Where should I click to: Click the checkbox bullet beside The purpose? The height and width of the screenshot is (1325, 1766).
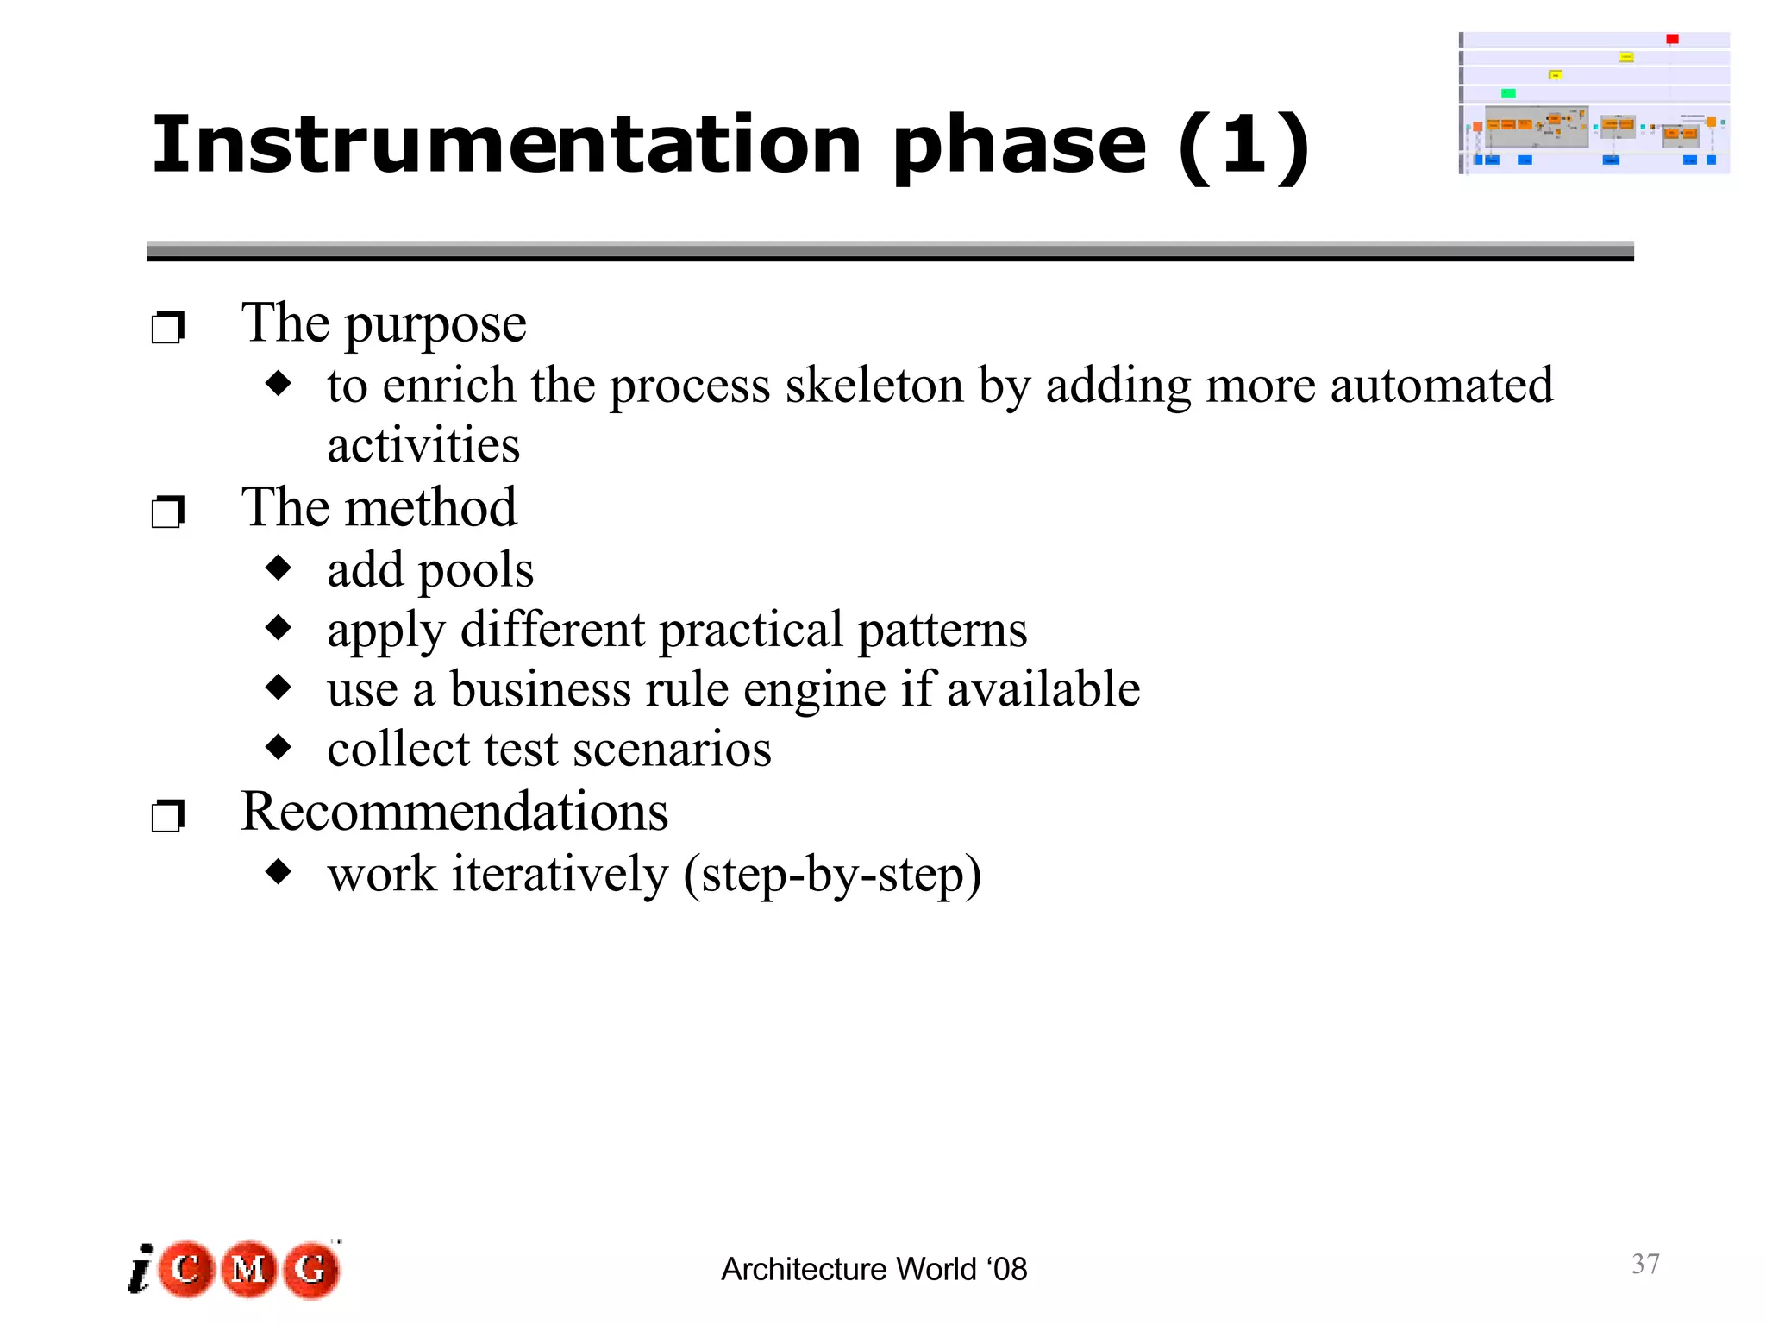(167, 328)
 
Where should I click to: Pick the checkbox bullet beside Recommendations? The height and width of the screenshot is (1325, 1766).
(167, 816)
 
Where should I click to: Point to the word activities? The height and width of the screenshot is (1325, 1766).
(423, 446)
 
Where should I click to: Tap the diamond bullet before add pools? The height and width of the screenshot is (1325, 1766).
(279, 568)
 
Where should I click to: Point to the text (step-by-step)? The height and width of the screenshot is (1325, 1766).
(832, 875)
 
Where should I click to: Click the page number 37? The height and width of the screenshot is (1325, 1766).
(1645, 1264)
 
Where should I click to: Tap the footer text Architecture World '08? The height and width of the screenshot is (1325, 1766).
(874, 1270)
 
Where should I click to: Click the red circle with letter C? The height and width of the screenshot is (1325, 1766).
(186, 1269)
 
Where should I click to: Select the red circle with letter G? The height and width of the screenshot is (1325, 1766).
(311, 1269)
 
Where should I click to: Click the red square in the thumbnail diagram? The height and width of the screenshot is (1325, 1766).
(1672, 39)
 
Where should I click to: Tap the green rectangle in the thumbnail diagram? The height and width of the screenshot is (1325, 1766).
(1508, 93)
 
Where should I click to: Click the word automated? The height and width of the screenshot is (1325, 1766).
(1441, 385)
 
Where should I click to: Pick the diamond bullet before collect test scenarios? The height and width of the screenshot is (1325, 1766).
(279, 747)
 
